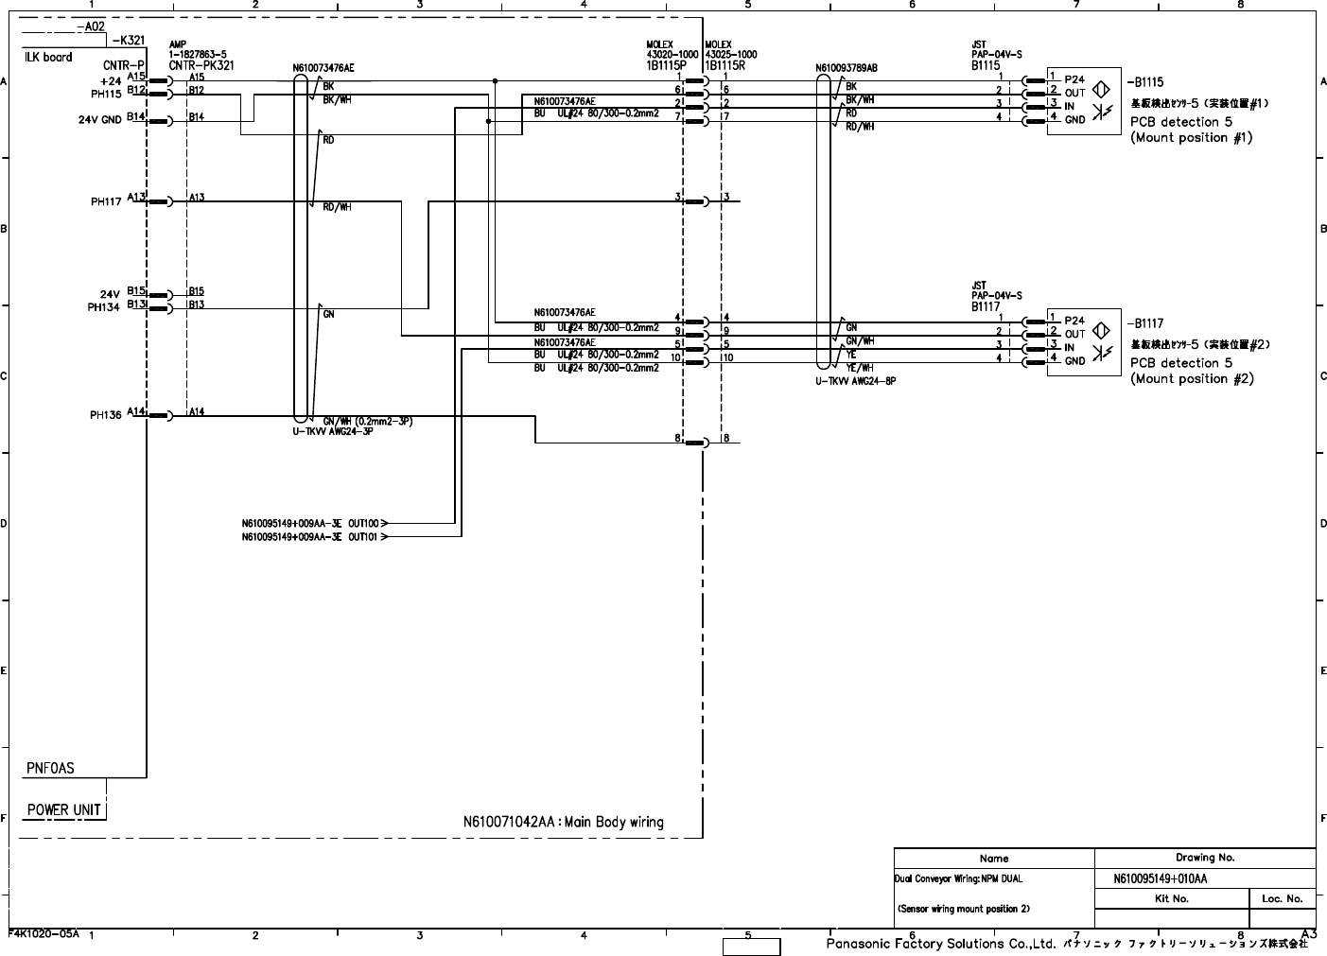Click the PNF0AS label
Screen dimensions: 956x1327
[50, 769]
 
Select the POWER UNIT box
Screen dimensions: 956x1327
[64, 809]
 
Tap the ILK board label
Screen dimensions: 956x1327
[48, 57]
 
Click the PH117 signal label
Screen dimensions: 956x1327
[106, 201]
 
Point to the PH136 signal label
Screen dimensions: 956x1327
[106, 415]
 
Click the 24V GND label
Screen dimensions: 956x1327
[99, 120]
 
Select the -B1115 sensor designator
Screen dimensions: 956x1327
[1147, 82]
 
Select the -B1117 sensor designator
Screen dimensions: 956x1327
[1147, 322]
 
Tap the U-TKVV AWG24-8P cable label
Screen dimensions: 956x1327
[855, 382]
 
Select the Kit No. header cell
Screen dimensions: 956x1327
[1172, 898]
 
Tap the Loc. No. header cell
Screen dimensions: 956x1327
[1282, 898]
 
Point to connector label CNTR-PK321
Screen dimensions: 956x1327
[201, 65]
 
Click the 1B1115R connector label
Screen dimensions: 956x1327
[725, 66]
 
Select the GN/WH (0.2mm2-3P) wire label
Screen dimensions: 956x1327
[368, 421]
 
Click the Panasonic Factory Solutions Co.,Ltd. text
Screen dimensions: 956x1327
[940, 944]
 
